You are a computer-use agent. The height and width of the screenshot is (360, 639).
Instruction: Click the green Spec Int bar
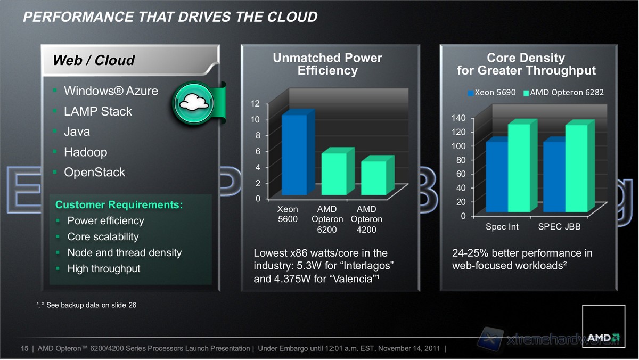coord(519,168)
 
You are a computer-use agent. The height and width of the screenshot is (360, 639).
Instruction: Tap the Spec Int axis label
coord(502,227)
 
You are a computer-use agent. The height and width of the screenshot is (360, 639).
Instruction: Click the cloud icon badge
coord(193,103)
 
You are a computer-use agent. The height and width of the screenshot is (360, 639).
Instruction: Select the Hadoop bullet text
coord(85,152)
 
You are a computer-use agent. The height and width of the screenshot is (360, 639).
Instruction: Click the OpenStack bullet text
coord(94,173)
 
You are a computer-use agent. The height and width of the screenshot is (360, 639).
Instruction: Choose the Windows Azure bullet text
coord(111,91)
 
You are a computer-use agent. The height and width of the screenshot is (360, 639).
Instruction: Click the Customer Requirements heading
coord(119,204)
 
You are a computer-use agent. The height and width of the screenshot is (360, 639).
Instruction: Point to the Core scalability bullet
coord(103,237)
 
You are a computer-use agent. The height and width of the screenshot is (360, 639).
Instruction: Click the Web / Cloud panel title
coord(94,61)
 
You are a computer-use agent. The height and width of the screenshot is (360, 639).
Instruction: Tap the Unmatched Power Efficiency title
coord(327,64)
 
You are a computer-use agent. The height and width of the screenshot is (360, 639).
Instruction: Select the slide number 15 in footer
coord(24,349)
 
